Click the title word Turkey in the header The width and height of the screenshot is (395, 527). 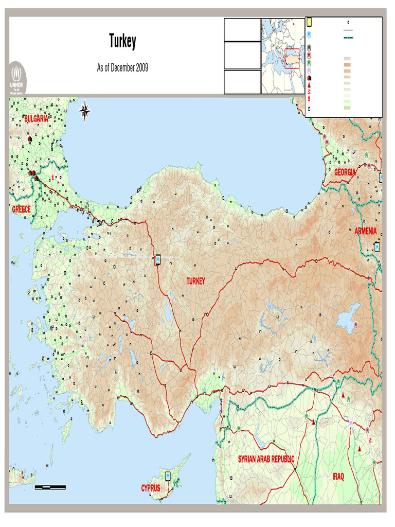pos(122,41)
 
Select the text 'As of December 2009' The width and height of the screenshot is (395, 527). pos(122,68)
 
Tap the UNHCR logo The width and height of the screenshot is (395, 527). pos(18,79)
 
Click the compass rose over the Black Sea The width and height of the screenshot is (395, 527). pos(85,111)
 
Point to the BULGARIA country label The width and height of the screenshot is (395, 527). pos(36,119)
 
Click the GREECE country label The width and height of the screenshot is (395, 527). pos(22,209)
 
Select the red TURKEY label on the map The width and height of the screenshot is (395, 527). pos(195,281)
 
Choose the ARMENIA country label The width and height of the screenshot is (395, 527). pos(366,231)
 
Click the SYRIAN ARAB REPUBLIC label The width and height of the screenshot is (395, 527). pos(266,459)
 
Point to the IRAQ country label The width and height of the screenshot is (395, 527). pos(338,477)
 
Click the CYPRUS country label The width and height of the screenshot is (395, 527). pos(151,488)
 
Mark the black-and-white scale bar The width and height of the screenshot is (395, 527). pos(50,486)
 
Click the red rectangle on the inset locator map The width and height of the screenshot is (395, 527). pos(292,59)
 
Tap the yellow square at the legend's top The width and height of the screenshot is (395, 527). pos(310,22)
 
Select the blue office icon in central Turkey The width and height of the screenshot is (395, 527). pos(159,260)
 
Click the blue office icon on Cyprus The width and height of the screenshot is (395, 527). pos(168,475)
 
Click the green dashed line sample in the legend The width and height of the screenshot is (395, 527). pos(348,38)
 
